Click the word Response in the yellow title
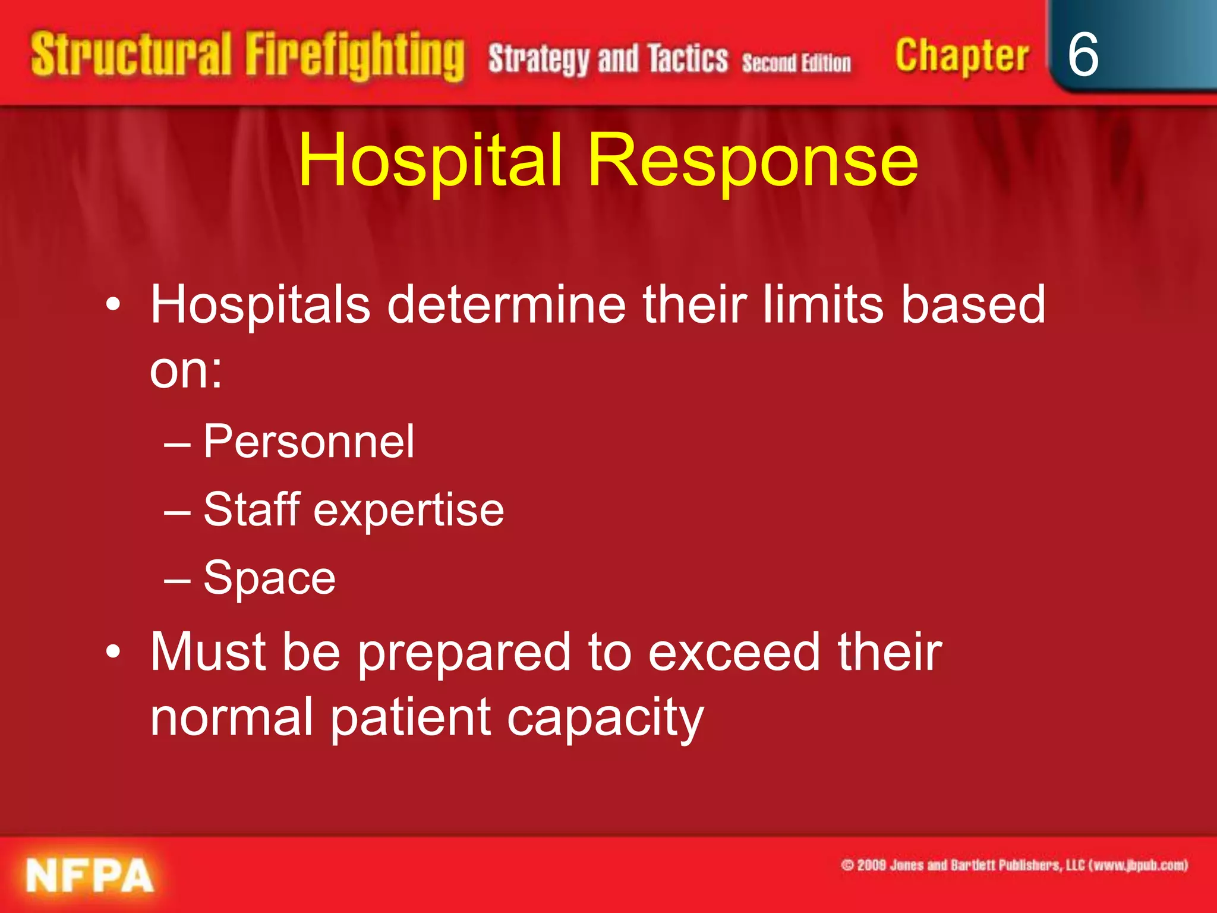[x=753, y=160]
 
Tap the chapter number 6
[x=1083, y=55]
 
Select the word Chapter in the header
[x=961, y=56]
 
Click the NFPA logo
[x=90, y=876]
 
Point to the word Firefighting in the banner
[x=355, y=56]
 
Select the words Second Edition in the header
[x=796, y=62]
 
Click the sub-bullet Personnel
[x=308, y=442]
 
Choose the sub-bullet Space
[x=269, y=578]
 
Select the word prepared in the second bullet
[x=464, y=653]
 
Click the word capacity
[x=606, y=719]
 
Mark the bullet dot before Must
[x=113, y=653]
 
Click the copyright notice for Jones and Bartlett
[x=1014, y=865]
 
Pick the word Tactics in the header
[x=688, y=59]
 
